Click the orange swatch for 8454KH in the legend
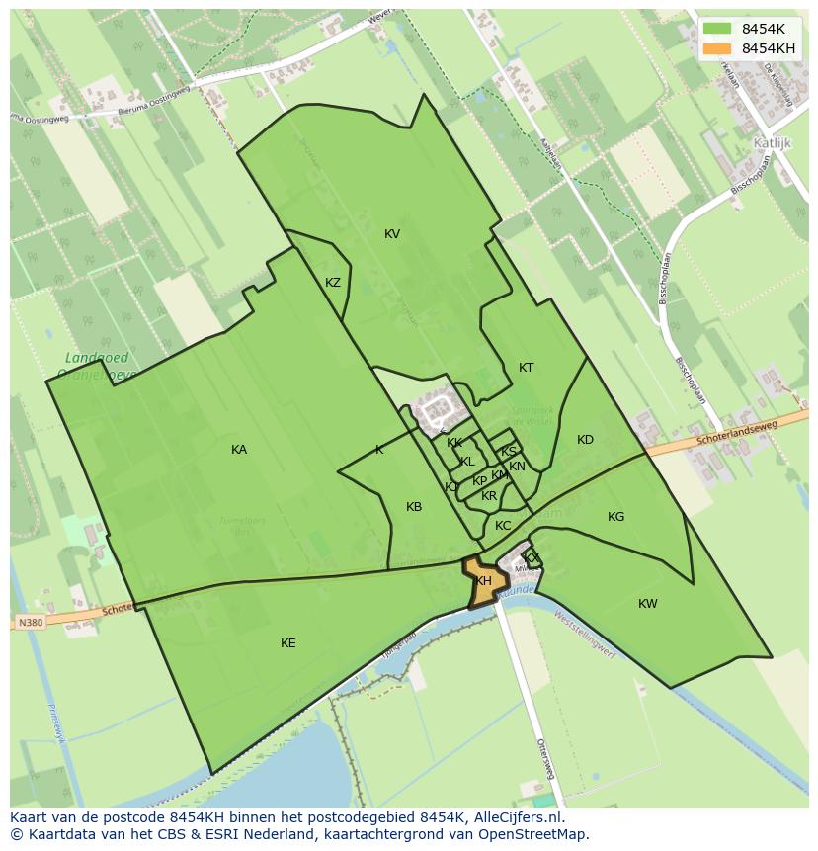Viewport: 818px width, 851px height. (x=718, y=48)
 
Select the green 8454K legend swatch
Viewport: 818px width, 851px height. (x=718, y=29)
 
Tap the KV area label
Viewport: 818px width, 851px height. (x=392, y=234)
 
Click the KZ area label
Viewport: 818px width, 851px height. (x=333, y=283)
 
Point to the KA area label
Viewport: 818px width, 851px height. (x=239, y=450)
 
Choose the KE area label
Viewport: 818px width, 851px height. (x=287, y=643)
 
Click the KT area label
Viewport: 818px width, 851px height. (x=527, y=368)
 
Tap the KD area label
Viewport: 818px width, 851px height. (x=585, y=440)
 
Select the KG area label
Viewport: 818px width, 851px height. (x=615, y=517)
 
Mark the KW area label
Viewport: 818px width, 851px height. (x=647, y=604)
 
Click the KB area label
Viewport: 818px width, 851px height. (x=414, y=507)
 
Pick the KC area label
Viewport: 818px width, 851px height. (x=503, y=526)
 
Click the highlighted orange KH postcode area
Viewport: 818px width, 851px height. (x=483, y=583)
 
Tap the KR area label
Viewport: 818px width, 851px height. (x=489, y=496)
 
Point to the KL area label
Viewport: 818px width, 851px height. (x=467, y=462)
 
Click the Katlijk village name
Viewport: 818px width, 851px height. (x=773, y=142)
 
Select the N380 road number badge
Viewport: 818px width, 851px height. (x=30, y=623)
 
